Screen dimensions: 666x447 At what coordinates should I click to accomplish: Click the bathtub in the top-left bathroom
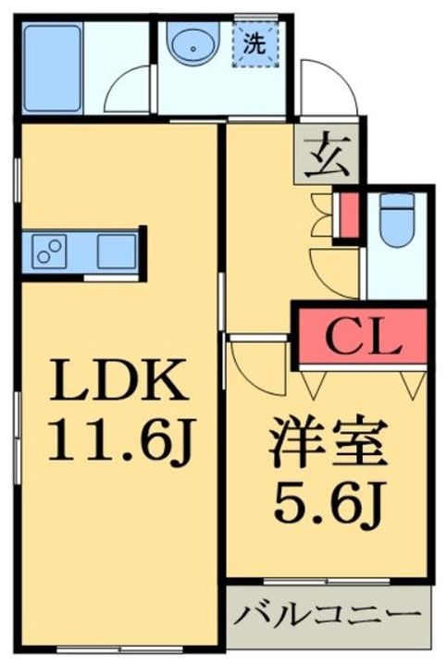54,57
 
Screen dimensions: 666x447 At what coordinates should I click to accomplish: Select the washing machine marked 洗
252,43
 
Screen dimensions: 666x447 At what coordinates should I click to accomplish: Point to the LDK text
118,379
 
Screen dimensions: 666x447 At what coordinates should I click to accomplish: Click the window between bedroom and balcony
328,584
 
